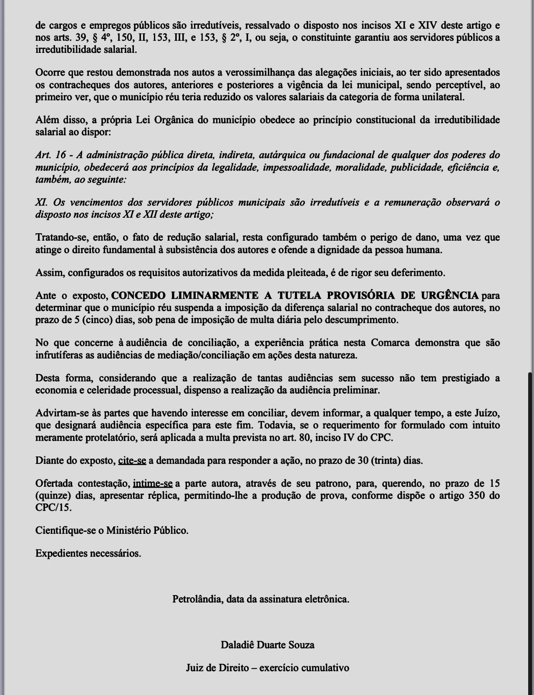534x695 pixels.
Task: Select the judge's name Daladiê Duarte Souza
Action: [x=267, y=645]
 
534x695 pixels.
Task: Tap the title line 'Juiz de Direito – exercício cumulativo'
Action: [x=267, y=668]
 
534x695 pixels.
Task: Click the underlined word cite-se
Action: [x=132, y=460]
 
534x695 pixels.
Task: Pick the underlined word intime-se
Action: [x=153, y=483]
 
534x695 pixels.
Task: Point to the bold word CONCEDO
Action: [x=138, y=295]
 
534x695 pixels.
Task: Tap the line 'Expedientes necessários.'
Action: [x=88, y=553]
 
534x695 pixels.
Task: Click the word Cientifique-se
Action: [x=64, y=530]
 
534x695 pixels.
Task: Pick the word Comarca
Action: [x=390, y=343]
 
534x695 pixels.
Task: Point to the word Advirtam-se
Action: [x=61, y=413]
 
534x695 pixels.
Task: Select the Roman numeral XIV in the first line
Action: [x=427, y=25]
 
